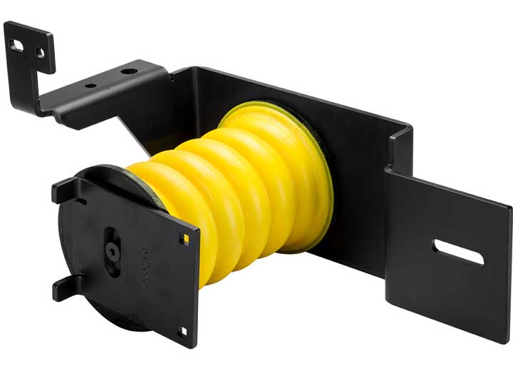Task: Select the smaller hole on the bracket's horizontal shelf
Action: point(90,86)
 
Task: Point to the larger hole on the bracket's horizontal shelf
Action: point(129,71)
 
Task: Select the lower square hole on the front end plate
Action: point(183,330)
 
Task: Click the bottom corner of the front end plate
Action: point(187,345)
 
